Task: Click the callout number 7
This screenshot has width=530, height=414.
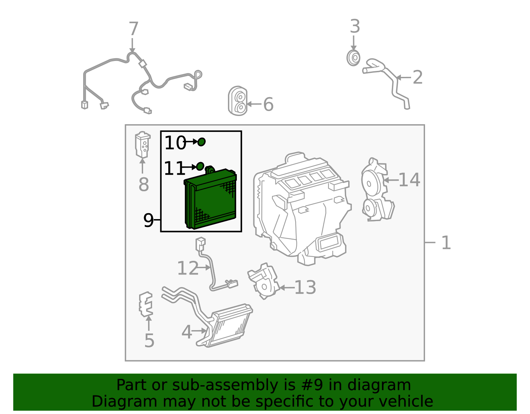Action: click(133, 29)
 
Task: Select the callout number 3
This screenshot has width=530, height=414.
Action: click(355, 26)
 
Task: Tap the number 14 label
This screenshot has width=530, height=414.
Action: click(409, 180)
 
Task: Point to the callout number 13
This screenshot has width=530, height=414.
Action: click(305, 287)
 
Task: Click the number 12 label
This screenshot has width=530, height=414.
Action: click(188, 268)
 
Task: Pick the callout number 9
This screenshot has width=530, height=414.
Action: click(148, 220)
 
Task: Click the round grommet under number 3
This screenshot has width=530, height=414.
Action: click(353, 58)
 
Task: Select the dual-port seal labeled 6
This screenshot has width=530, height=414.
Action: click(238, 101)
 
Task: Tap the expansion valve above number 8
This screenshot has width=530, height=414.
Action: click(143, 145)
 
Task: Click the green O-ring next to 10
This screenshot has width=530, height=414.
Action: click(201, 142)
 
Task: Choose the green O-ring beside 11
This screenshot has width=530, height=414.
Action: click(200, 166)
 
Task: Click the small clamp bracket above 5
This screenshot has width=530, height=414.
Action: click(146, 304)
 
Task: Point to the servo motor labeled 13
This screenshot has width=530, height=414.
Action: click(263, 281)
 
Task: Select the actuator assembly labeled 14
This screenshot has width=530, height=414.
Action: click(377, 190)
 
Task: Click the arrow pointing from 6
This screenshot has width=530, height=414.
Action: click(254, 104)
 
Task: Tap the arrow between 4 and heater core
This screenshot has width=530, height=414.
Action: click(199, 331)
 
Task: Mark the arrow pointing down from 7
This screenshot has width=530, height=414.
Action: click(132, 45)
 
